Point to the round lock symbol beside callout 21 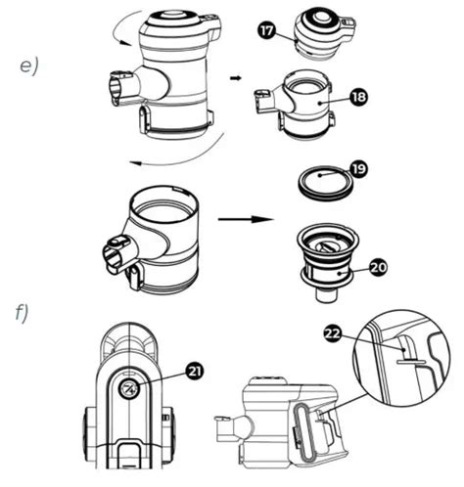click(129, 391)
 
